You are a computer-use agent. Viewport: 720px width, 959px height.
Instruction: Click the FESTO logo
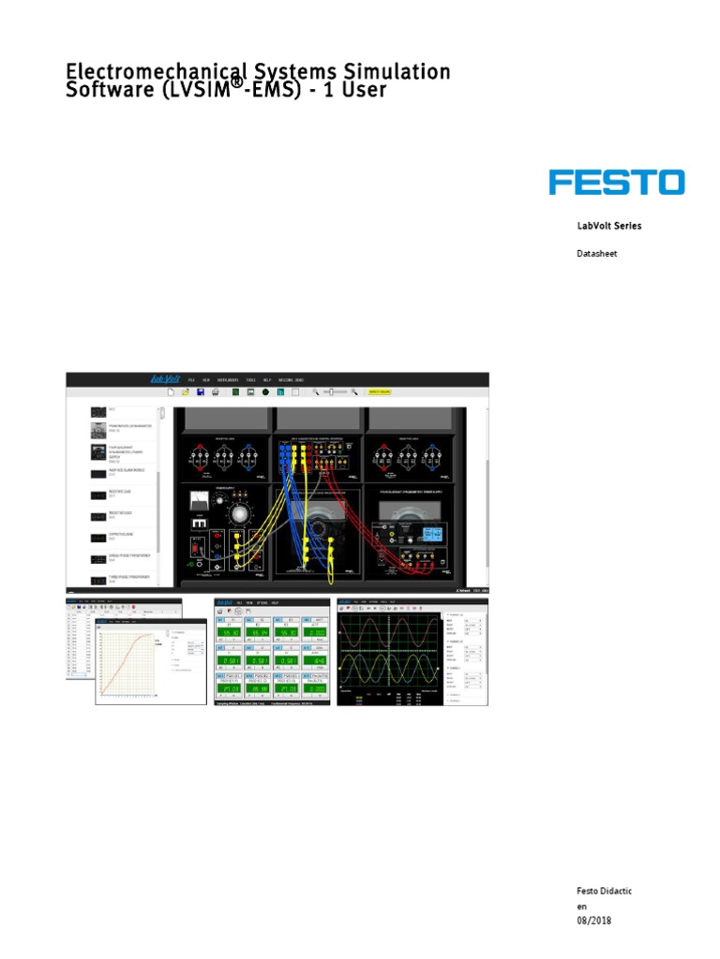pos(616,182)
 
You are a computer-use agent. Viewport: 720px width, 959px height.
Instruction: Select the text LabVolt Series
pos(608,226)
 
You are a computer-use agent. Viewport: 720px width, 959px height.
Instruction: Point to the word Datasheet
pos(596,254)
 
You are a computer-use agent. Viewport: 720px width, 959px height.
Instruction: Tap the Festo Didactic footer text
pos(604,890)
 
